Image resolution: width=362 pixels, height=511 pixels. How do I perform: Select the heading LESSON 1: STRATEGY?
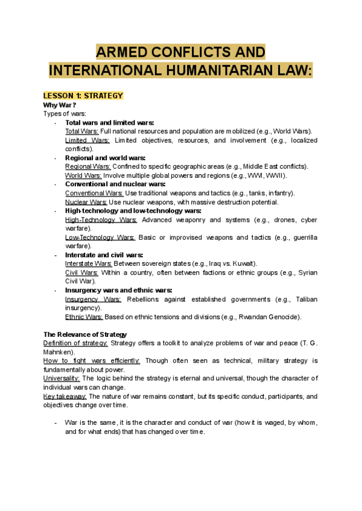tap(83, 96)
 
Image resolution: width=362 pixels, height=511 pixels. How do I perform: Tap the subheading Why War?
tap(60, 105)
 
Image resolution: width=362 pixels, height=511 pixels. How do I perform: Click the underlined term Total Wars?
tap(81, 131)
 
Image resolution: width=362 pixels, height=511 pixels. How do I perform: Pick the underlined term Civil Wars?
tap(81, 272)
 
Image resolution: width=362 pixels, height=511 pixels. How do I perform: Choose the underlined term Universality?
tap(62, 378)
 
